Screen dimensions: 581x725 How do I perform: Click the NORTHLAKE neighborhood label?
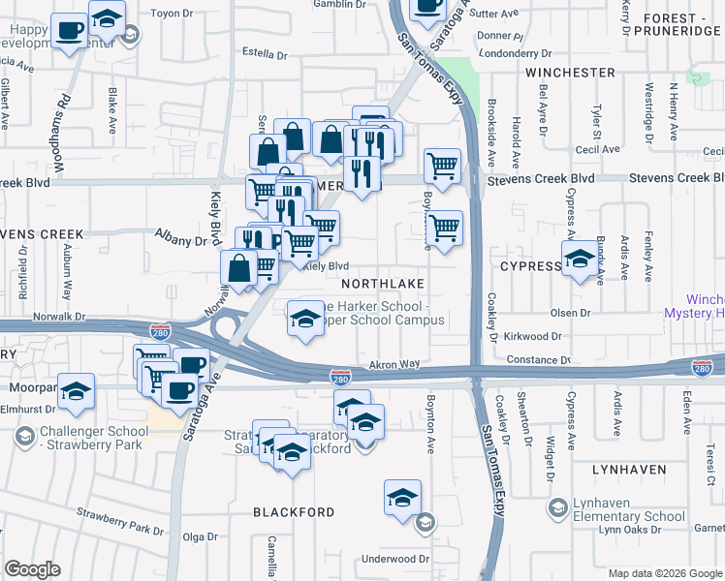click(382, 284)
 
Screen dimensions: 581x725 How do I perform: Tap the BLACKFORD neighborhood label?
click(294, 511)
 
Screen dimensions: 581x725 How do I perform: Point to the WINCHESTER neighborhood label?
click(570, 72)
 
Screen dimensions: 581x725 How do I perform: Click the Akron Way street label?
click(394, 364)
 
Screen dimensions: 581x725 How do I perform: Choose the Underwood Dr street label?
click(394, 559)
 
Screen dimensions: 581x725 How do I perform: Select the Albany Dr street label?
click(182, 240)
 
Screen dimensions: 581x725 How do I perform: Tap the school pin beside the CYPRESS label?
click(580, 260)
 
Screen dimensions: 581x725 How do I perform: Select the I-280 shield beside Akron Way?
click(339, 376)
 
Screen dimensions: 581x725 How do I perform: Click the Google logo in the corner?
click(32, 569)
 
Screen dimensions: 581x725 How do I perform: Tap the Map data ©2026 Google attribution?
click(665, 573)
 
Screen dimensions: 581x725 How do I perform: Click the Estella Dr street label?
click(265, 54)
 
